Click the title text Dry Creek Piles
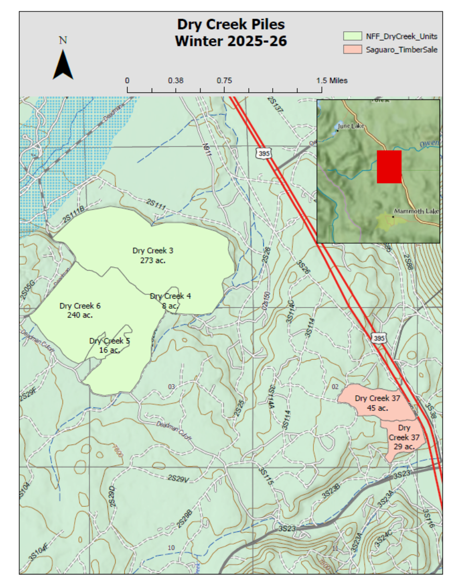click(231, 25)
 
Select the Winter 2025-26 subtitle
click(231, 41)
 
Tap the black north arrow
click(63, 65)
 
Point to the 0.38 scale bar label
click(176, 81)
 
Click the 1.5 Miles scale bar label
click(332, 81)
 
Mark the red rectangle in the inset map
click(389, 167)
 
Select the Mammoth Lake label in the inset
click(417, 211)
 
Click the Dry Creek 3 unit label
click(153, 251)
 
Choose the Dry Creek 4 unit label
click(171, 296)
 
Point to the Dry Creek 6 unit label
click(80, 306)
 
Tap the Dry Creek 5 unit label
click(110, 341)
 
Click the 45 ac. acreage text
click(378, 408)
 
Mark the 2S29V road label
click(178, 479)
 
